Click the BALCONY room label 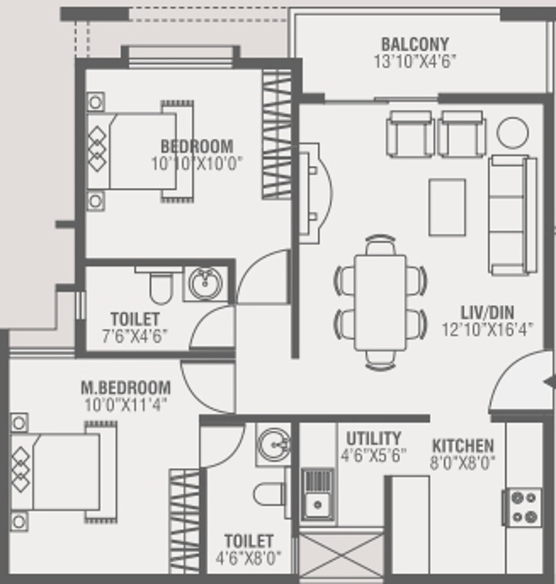[x=415, y=44]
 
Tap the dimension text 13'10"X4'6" [x=415, y=61]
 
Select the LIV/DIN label [x=487, y=312]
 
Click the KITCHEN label [x=463, y=446]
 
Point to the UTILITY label [x=373, y=438]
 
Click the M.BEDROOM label [x=125, y=388]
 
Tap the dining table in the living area [x=380, y=302]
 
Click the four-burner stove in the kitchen [x=523, y=507]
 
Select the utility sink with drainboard [x=318, y=494]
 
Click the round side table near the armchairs [x=513, y=133]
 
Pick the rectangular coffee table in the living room [x=447, y=207]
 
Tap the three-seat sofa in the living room [x=512, y=215]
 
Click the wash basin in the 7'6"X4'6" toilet [x=206, y=282]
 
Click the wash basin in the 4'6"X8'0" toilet [x=274, y=444]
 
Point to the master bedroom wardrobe [x=184, y=521]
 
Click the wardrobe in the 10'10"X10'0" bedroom [x=276, y=134]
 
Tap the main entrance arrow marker [x=550, y=382]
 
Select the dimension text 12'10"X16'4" [x=487, y=329]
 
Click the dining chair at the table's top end [x=380, y=244]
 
